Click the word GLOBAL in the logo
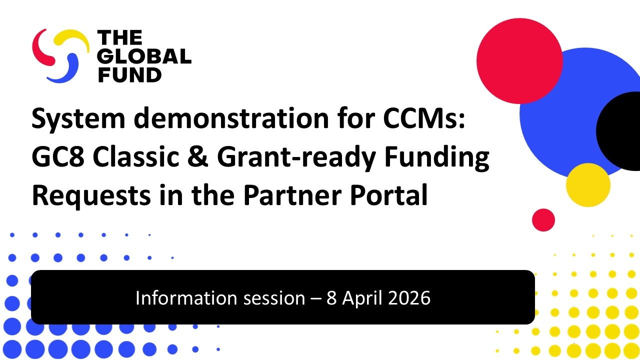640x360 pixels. [144, 56]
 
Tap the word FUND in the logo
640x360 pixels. [129, 74]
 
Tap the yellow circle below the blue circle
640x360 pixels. [588, 185]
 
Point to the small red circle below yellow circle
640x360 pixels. [543, 220]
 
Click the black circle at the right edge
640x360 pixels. [620, 131]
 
